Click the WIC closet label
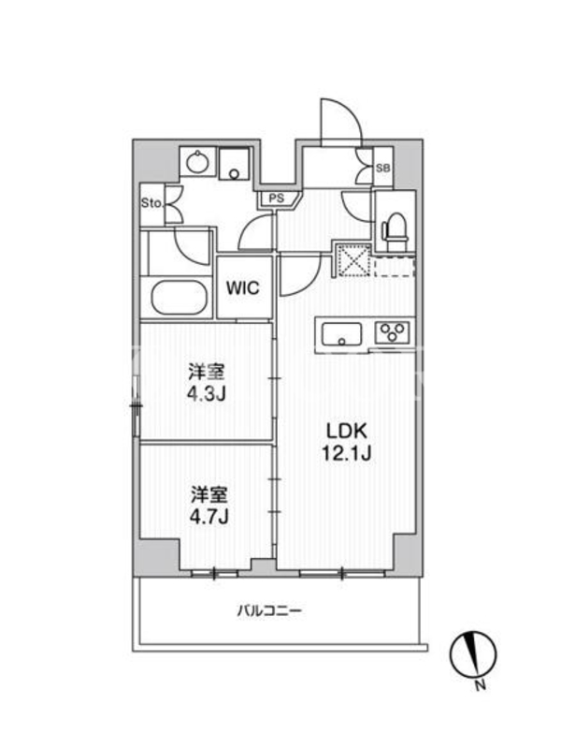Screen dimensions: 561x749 click(x=243, y=288)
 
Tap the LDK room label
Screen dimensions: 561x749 click(x=346, y=432)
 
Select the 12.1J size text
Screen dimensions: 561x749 click(x=346, y=453)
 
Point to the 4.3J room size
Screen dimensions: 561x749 click(x=207, y=393)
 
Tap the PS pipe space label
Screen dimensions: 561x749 click(x=277, y=198)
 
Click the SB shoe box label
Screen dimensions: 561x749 click(x=382, y=169)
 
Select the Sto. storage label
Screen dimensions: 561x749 click(x=151, y=203)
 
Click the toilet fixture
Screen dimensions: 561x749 click(x=396, y=229)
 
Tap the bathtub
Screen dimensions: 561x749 click(x=178, y=298)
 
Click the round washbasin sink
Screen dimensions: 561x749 click(x=197, y=163)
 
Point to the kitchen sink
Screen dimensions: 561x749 click(x=341, y=333)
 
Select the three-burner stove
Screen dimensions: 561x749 click(x=392, y=332)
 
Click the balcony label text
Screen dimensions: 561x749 click(x=270, y=611)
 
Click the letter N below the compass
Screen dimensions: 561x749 click(x=481, y=685)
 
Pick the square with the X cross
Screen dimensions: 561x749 click(x=352, y=260)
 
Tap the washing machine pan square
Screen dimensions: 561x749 click(x=234, y=163)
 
